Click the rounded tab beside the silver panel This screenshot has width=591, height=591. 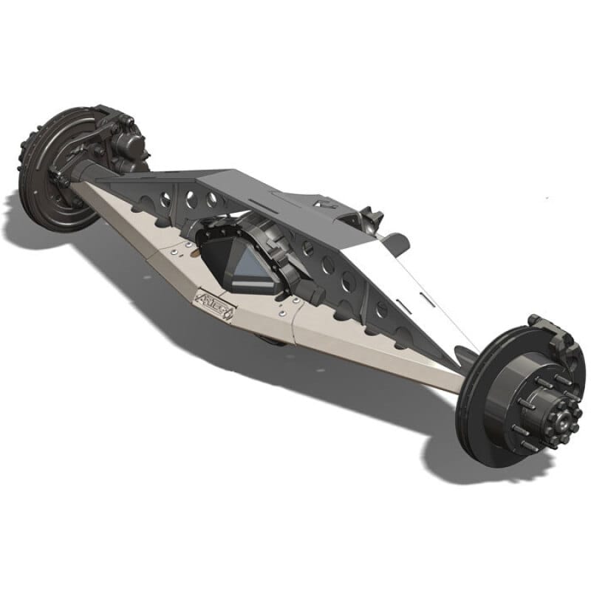coord(396,242)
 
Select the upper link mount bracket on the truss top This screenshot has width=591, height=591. coord(366,219)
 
